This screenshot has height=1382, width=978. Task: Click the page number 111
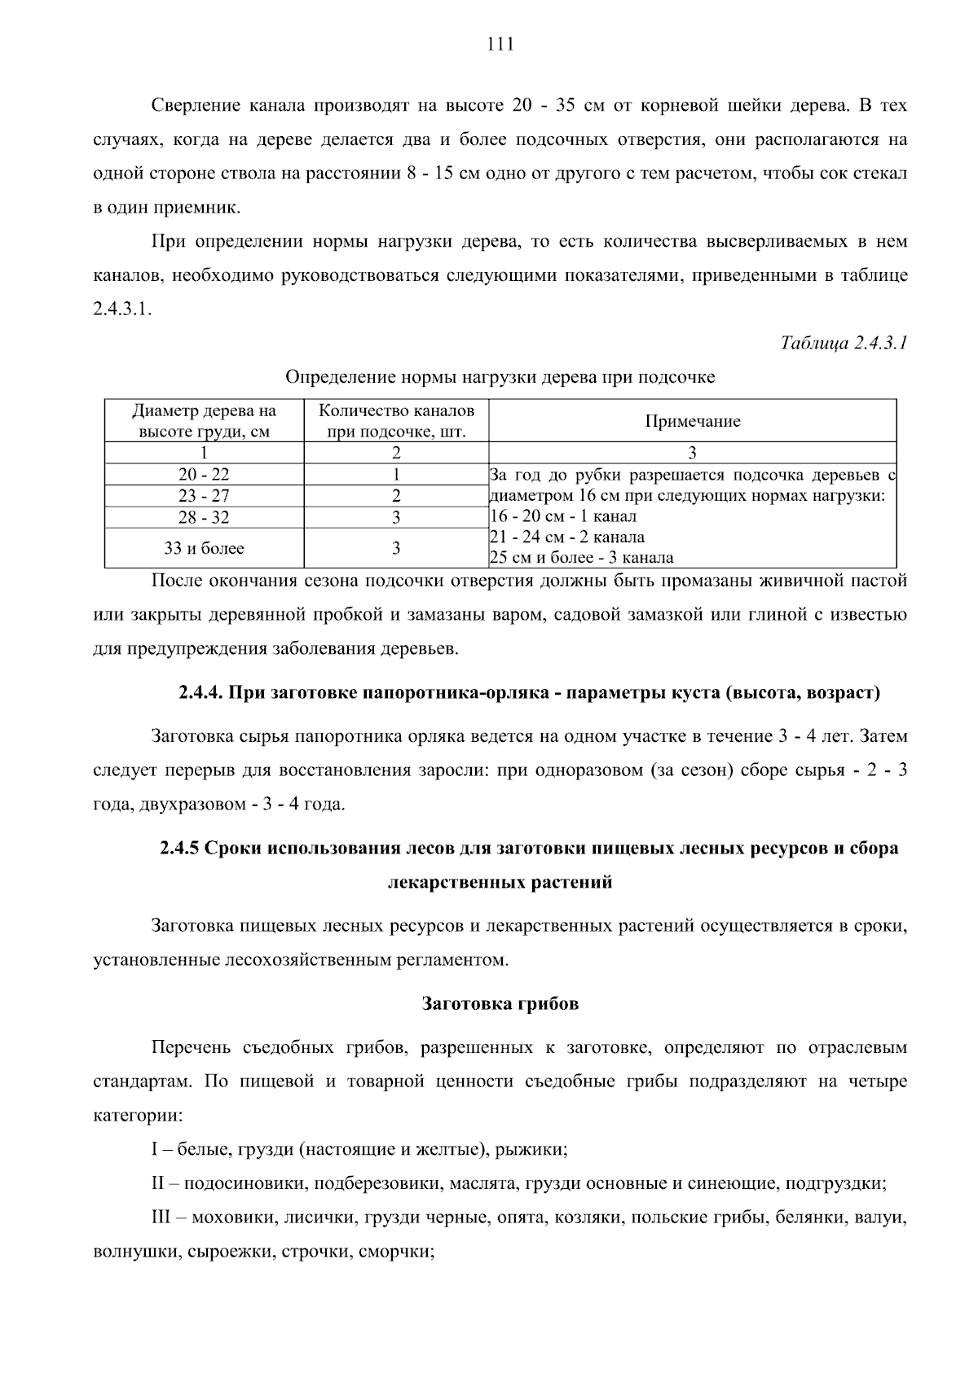(x=500, y=45)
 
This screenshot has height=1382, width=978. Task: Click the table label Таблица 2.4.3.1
(x=844, y=343)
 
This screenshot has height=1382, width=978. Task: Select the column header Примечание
(x=692, y=421)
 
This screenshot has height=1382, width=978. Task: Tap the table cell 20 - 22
(x=204, y=475)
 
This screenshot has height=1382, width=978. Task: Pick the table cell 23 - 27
(x=204, y=496)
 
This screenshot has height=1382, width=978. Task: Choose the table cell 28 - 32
(x=204, y=517)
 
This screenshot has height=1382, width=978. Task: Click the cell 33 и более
(x=204, y=548)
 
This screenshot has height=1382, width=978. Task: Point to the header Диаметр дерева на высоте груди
(x=204, y=421)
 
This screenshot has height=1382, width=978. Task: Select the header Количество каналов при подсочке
(x=396, y=421)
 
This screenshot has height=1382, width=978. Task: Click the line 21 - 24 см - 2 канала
(x=566, y=537)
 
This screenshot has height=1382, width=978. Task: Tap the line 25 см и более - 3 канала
(x=581, y=558)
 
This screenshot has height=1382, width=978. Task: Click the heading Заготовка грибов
(x=500, y=1003)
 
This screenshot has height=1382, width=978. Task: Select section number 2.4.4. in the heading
(x=200, y=693)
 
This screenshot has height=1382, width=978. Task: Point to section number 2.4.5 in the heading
(x=178, y=848)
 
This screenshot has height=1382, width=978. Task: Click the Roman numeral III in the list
(x=161, y=1218)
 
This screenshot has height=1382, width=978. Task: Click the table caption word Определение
(x=330, y=377)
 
